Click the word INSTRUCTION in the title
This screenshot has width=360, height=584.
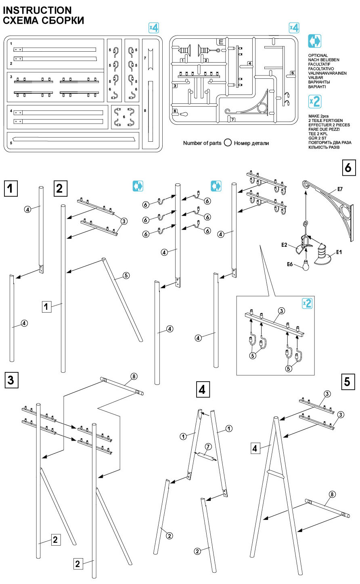(x=38, y=10)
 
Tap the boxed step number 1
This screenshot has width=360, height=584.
(x=11, y=188)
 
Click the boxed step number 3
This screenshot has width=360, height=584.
(x=10, y=380)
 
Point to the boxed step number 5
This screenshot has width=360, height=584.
(x=348, y=381)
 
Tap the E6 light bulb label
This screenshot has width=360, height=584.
(x=289, y=264)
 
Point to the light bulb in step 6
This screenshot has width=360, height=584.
(x=306, y=265)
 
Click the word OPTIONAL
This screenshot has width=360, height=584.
(x=318, y=55)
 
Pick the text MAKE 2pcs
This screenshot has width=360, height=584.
(x=318, y=116)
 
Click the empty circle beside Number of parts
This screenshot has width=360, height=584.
(x=227, y=143)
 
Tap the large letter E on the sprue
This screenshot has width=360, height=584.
(x=221, y=41)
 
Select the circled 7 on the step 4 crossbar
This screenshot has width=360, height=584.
(x=208, y=446)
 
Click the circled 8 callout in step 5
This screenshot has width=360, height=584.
(x=332, y=494)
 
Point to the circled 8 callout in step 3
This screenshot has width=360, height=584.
(x=134, y=376)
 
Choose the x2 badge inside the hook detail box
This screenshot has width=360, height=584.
(x=307, y=303)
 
